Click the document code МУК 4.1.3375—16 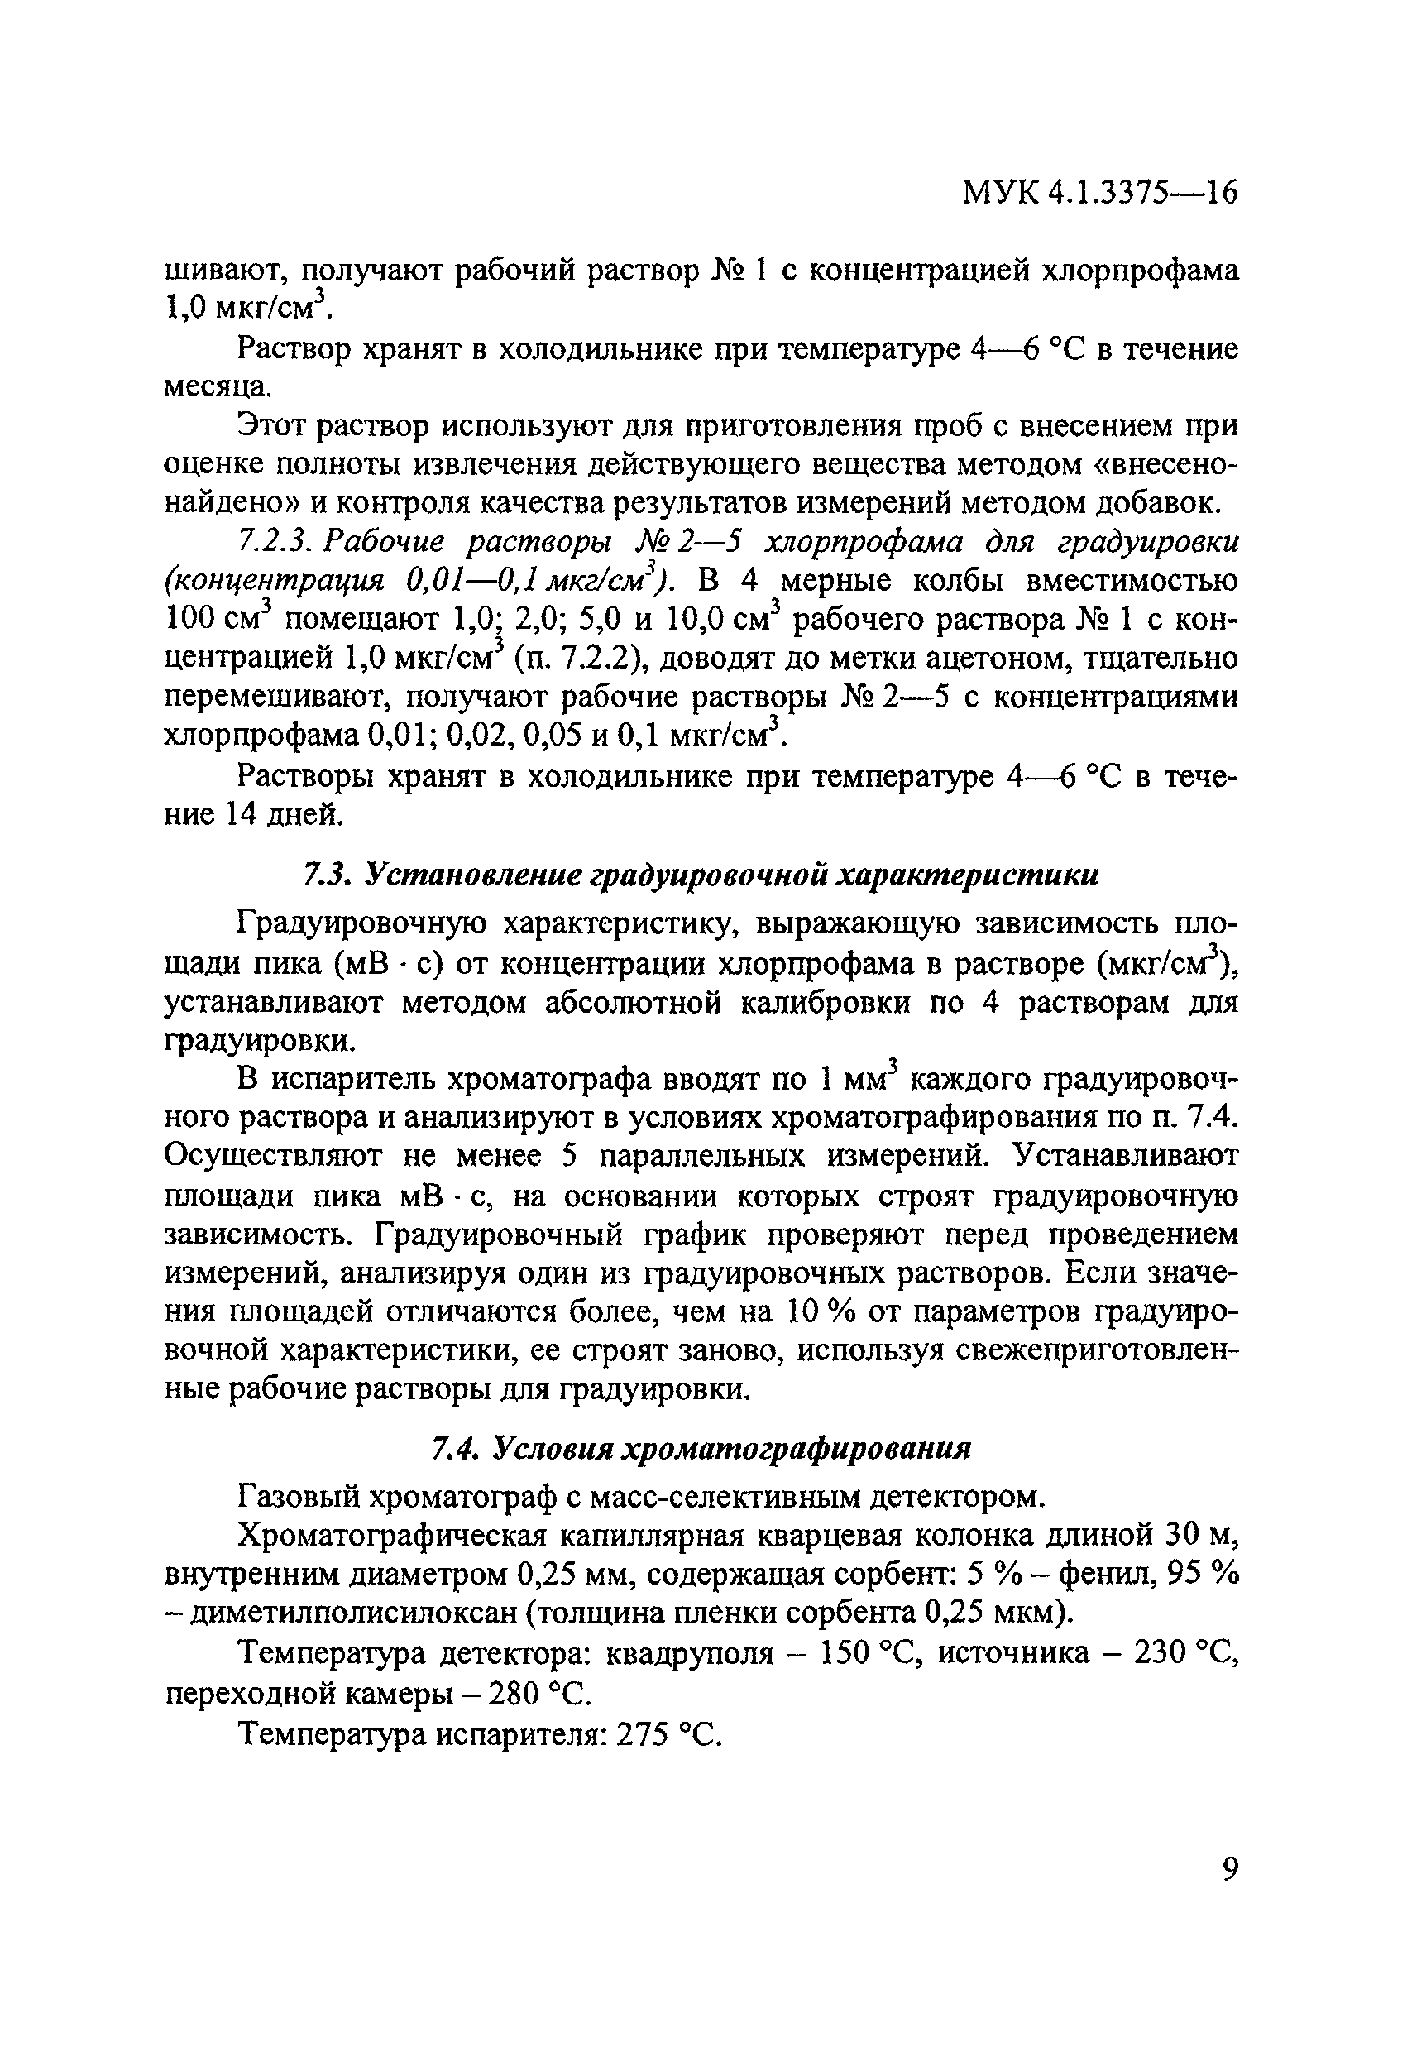pos(1100,192)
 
